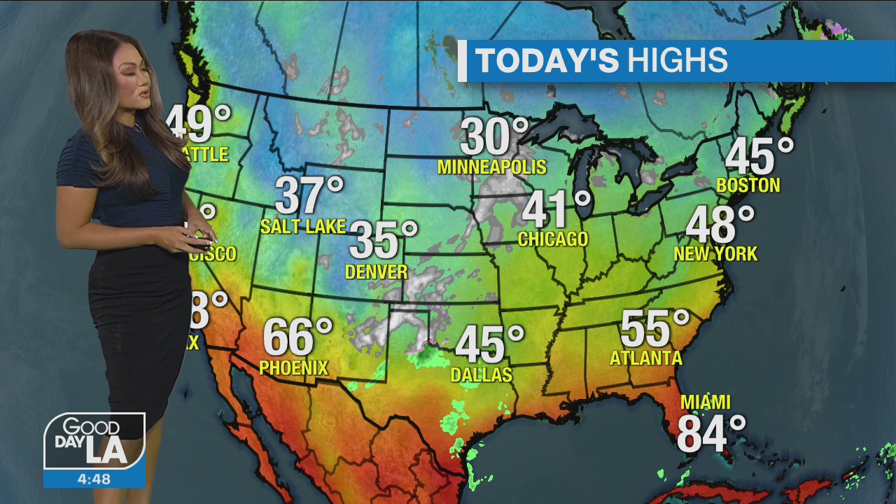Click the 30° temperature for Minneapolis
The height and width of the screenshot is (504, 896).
point(493,136)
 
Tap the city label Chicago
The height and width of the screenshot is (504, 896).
point(553,239)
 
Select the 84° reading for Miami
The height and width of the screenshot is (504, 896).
point(710,434)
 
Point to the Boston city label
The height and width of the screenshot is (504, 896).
point(748,185)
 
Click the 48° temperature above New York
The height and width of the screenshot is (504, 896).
point(720,225)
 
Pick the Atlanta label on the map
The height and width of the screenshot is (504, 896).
point(646,358)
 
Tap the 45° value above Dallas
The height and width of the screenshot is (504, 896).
point(489,344)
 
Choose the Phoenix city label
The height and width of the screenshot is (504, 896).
point(293,367)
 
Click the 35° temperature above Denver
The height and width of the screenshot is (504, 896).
point(382,240)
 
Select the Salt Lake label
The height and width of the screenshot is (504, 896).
point(303,226)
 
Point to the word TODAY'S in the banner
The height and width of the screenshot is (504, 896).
point(547,61)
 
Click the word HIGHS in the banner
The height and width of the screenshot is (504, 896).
point(677,61)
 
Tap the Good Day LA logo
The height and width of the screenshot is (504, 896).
point(94,442)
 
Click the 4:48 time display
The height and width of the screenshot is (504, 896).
point(94,479)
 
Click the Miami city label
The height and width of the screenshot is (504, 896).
point(706,402)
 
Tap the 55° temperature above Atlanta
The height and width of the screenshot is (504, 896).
point(654,329)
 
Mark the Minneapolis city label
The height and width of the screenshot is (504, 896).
point(491,167)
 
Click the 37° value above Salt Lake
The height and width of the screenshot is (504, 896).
point(309,196)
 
